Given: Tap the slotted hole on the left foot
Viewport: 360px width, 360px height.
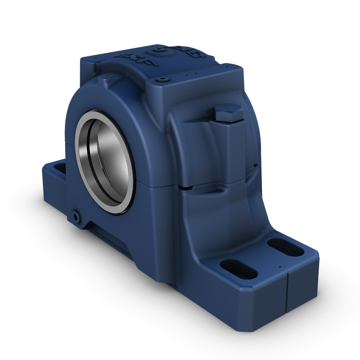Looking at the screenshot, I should click(60, 169).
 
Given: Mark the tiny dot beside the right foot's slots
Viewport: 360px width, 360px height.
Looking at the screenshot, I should click(279, 266).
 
